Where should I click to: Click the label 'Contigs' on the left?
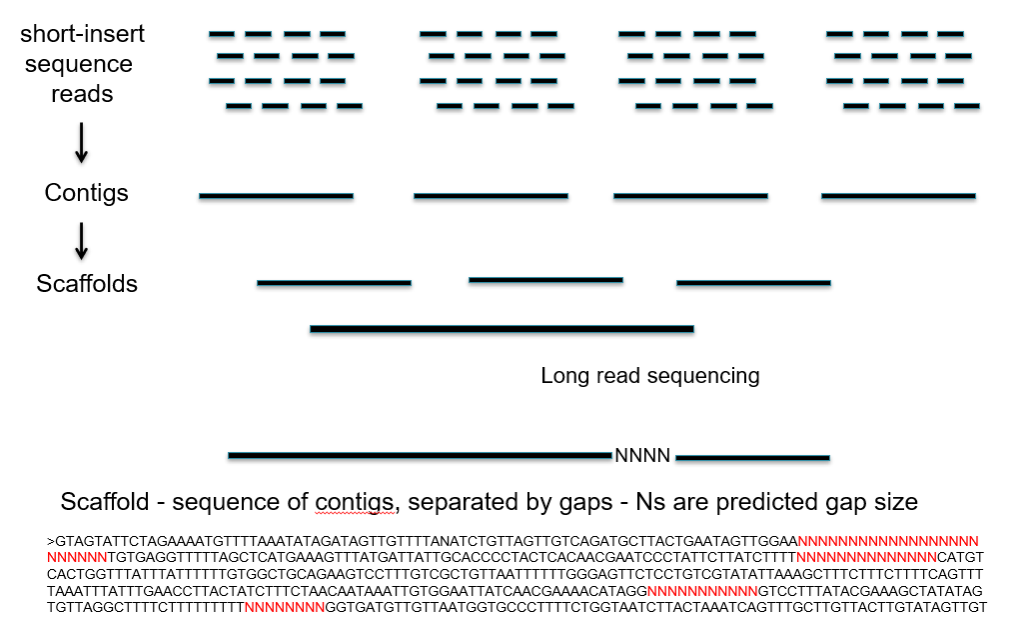87,193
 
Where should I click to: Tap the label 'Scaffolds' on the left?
87,284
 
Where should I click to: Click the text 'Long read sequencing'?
650,376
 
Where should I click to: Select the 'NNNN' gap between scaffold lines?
642,456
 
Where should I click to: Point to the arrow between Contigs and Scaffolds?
82,239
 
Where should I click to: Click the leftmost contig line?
277,196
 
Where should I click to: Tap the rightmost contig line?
898,196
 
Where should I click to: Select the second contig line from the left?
491,196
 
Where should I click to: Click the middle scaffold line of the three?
545,280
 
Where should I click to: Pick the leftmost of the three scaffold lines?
334,284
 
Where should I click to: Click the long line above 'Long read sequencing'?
502,328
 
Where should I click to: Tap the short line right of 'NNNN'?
752,458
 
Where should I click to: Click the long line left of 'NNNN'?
420,456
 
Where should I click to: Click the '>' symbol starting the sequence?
50,542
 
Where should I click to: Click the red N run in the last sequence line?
285,607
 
